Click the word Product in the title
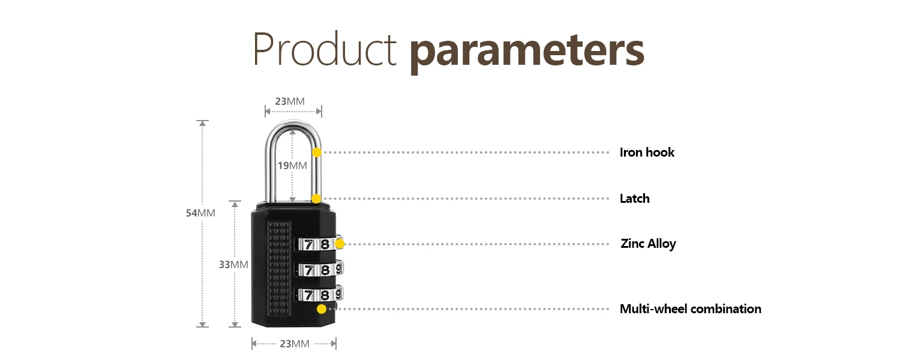click(x=325, y=50)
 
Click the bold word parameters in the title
click(x=527, y=52)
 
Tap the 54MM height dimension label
click(x=200, y=212)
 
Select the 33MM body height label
click(x=233, y=264)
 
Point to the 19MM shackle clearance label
click(x=292, y=166)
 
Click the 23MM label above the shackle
click(x=290, y=101)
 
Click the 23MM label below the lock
click(x=294, y=344)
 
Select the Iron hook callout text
click(x=647, y=152)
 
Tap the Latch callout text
click(x=634, y=199)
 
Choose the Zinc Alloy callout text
click(x=648, y=244)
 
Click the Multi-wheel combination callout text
click(x=690, y=309)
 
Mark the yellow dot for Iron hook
click(x=317, y=152)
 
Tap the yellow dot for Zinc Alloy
click(x=340, y=244)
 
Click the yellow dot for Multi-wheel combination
click(x=322, y=309)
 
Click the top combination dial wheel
click(x=318, y=244)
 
